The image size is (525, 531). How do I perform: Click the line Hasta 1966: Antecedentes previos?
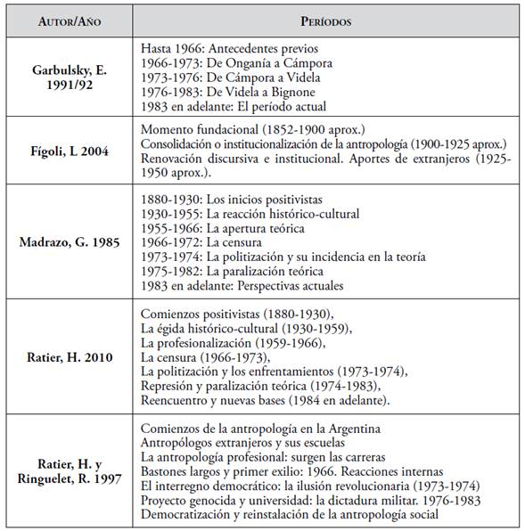point(230,48)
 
